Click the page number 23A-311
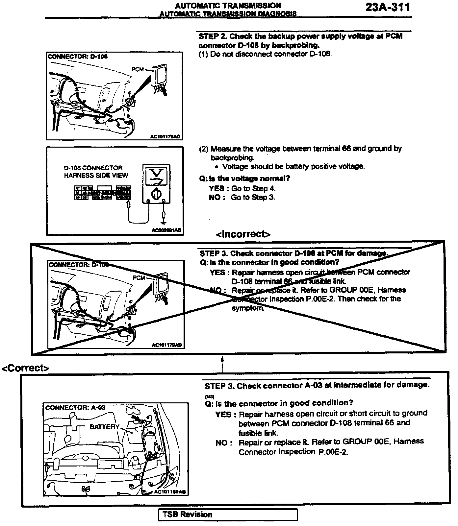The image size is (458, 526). [x=388, y=8]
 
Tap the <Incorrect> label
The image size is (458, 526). [x=243, y=234]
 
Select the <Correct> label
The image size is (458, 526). [x=25, y=368]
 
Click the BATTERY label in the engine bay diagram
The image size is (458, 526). [x=104, y=427]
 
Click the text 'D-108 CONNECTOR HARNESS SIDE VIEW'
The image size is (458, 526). [x=95, y=172]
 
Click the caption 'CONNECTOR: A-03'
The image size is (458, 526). [x=75, y=408]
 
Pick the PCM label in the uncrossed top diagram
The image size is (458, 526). [x=138, y=69]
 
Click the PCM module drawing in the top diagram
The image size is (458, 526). [x=160, y=76]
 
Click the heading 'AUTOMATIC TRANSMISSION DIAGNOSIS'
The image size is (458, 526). [x=228, y=14]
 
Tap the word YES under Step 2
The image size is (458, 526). [x=216, y=189]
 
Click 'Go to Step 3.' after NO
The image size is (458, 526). [x=253, y=197]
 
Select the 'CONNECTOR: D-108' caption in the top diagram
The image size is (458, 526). [x=78, y=57]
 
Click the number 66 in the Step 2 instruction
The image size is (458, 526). [x=346, y=149]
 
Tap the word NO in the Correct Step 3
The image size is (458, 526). [x=223, y=443]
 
